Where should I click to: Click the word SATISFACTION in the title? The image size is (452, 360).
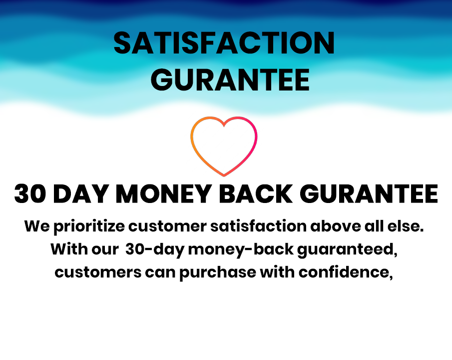[224, 43]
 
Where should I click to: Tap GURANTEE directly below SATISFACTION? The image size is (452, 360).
[230, 80]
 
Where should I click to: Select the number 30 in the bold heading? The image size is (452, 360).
[30, 193]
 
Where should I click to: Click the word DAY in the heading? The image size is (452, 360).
[81, 193]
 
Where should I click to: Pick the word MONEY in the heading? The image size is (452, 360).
[163, 193]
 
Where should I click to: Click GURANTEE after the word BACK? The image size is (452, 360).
[369, 193]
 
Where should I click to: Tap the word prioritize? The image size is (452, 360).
[89, 226]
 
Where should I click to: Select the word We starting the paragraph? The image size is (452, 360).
[37, 226]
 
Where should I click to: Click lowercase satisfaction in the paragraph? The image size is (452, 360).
[258, 226]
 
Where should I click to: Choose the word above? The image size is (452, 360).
[336, 226]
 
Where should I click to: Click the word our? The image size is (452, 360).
[105, 249]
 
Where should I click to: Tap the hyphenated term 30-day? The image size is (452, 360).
[155, 250]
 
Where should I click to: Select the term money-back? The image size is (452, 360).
[241, 250]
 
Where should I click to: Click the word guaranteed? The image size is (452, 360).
[347, 250]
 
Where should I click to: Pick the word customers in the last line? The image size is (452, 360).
[98, 272]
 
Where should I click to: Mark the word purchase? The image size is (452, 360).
[218, 273]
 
